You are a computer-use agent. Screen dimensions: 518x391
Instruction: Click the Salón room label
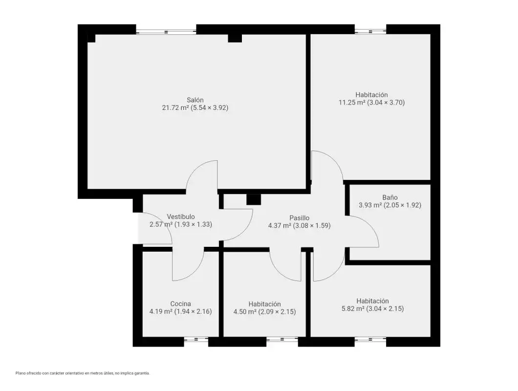(195, 100)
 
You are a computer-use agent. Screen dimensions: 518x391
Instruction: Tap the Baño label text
(390, 197)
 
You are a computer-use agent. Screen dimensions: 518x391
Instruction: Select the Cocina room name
(180, 304)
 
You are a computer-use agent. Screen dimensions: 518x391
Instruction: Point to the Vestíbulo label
(181, 217)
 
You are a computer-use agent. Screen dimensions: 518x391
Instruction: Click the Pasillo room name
(299, 218)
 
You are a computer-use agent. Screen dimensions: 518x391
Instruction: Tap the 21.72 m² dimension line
(195, 108)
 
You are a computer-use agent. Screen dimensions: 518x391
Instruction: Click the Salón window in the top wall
(166, 32)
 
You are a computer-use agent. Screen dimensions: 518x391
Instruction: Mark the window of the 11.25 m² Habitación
(370, 31)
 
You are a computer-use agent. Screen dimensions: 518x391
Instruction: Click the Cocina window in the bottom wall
(196, 340)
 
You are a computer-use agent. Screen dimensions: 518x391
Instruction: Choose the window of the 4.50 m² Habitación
(282, 340)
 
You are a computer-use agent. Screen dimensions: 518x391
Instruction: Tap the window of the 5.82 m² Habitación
(370, 340)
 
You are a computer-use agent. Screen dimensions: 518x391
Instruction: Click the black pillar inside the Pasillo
(254, 199)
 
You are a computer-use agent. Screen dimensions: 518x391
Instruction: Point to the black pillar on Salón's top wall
(235, 38)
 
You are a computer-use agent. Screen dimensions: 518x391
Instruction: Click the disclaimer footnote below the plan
(83, 373)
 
